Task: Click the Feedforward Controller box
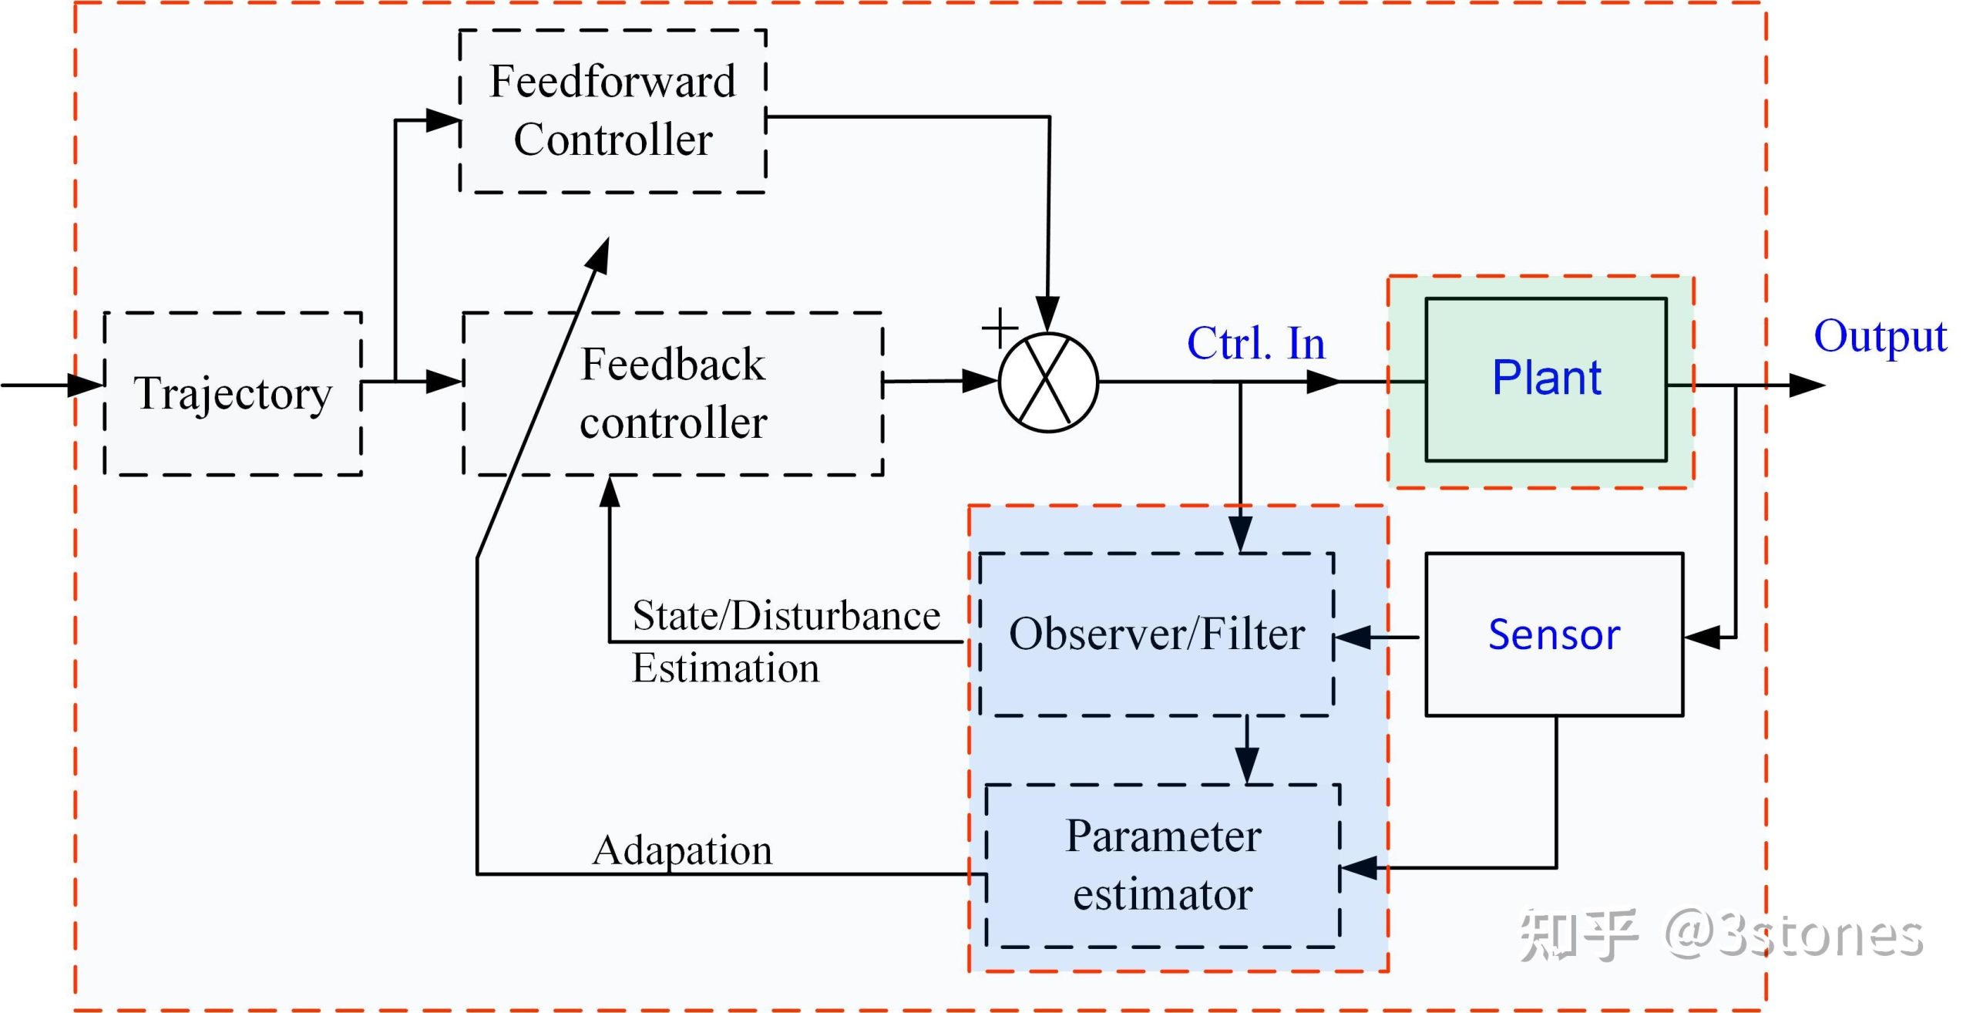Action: pos(613,111)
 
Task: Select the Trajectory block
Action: pos(233,393)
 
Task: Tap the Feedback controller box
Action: pos(673,393)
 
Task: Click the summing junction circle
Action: pos(1048,382)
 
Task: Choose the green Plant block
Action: pos(1546,379)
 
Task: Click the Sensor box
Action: pos(1554,634)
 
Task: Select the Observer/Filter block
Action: pos(1156,634)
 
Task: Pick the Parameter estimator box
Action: pos(1162,865)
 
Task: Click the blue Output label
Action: pos(1880,337)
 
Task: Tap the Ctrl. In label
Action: pos(1255,344)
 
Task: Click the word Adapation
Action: pos(682,850)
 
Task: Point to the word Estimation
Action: pos(725,668)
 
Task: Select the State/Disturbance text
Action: pos(786,616)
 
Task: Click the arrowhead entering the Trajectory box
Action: pos(86,384)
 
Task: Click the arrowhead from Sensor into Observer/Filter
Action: pos(1353,638)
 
